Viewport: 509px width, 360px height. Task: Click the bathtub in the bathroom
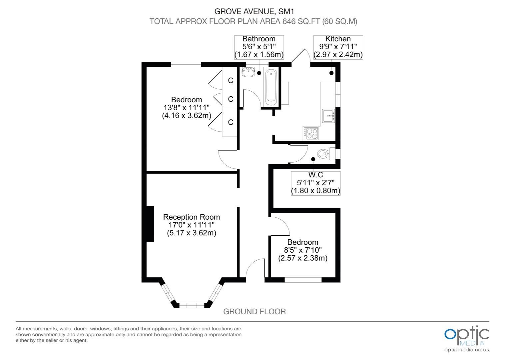(271, 87)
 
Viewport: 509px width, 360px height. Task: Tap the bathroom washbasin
(249, 72)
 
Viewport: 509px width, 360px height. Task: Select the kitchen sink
(328, 116)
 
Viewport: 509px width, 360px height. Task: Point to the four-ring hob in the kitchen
(311, 133)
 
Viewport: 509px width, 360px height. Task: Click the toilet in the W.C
(326, 154)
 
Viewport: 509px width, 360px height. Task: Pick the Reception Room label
(192, 217)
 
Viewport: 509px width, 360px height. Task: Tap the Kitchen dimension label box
(338, 47)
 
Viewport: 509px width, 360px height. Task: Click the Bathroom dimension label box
(259, 47)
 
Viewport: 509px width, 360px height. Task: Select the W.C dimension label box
(315, 183)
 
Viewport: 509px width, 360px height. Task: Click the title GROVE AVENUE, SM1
(254, 11)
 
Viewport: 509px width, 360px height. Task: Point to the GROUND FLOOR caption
(254, 312)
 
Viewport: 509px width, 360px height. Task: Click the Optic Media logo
(467, 336)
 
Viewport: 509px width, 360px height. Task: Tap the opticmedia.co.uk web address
(467, 350)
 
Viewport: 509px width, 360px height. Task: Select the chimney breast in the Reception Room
(150, 224)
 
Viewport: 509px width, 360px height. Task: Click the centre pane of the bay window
(192, 305)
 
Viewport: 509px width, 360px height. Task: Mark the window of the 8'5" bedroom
(303, 280)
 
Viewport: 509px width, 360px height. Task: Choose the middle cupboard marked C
(230, 99)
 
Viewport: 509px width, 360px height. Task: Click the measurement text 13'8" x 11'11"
(187, 108)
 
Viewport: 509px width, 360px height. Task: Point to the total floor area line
(254, 21)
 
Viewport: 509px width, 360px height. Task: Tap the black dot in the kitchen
(331, 73)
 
